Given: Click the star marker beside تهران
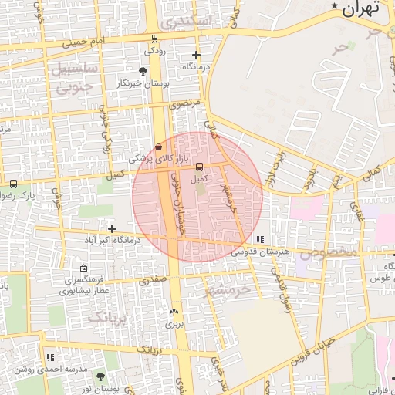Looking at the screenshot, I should point(334,7).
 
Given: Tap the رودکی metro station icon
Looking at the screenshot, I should point(155,39).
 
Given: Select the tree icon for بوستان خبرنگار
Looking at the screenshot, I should point(142,71).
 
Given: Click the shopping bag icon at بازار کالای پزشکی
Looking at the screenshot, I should point(159,146).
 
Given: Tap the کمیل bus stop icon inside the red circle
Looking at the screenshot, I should point(200,167).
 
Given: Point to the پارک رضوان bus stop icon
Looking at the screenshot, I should point(13,184).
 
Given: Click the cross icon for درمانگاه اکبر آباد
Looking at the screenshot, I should point(113,228).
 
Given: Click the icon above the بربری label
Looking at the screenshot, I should point(173,312).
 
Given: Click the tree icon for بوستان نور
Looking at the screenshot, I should point(100,377).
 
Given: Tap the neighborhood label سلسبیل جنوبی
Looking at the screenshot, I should point(74,76).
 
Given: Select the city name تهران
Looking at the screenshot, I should point(362,9).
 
